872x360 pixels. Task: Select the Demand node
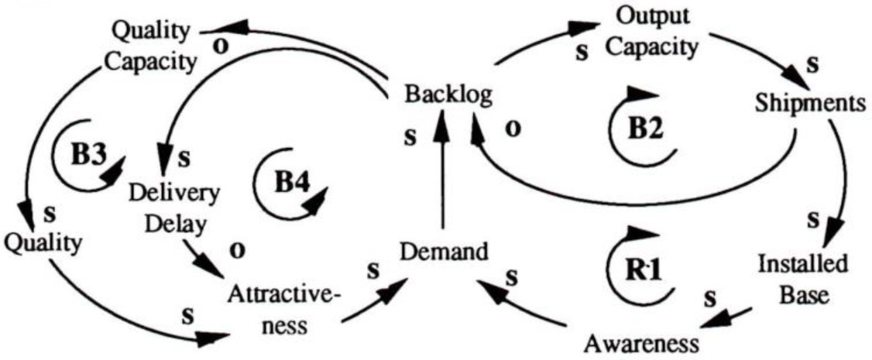click(444, 252)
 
